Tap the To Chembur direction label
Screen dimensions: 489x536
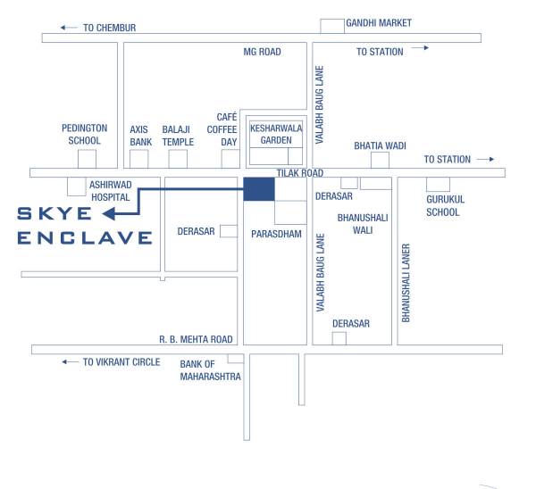tap(108, 28)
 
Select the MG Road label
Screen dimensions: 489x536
tap(262, 52)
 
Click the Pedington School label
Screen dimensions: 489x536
tap(84, 134)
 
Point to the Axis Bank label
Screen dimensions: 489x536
tap(140, 135)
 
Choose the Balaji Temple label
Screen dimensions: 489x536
tap(178, 135)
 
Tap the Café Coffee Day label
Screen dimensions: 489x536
tap(228, 129)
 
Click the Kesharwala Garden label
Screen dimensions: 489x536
tap(276, 134)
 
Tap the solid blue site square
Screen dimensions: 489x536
tap(259, 189)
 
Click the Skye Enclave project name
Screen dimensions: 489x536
tap(85, 225)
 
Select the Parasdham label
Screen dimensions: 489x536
tap(276, 235)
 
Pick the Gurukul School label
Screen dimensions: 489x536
tap(442, 206)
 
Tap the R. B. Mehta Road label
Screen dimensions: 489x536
tap(196, 339)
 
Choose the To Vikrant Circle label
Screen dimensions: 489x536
tap(121, 361)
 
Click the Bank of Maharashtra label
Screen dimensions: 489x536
tap(210, 369)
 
